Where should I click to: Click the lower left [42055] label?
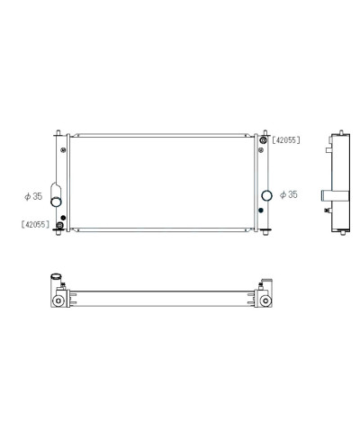coord(35,224)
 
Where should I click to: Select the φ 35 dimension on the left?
coord(33,194)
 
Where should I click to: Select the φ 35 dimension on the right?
coord(289,194)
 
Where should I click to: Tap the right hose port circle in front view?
coord(266,195)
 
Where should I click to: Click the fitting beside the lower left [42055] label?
coord(59,224)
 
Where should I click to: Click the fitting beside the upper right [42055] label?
coord(263,141)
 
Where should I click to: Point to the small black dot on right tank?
coord(261,210)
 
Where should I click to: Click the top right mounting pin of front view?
coord(264,130)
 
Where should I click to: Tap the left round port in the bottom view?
coord(58,300)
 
